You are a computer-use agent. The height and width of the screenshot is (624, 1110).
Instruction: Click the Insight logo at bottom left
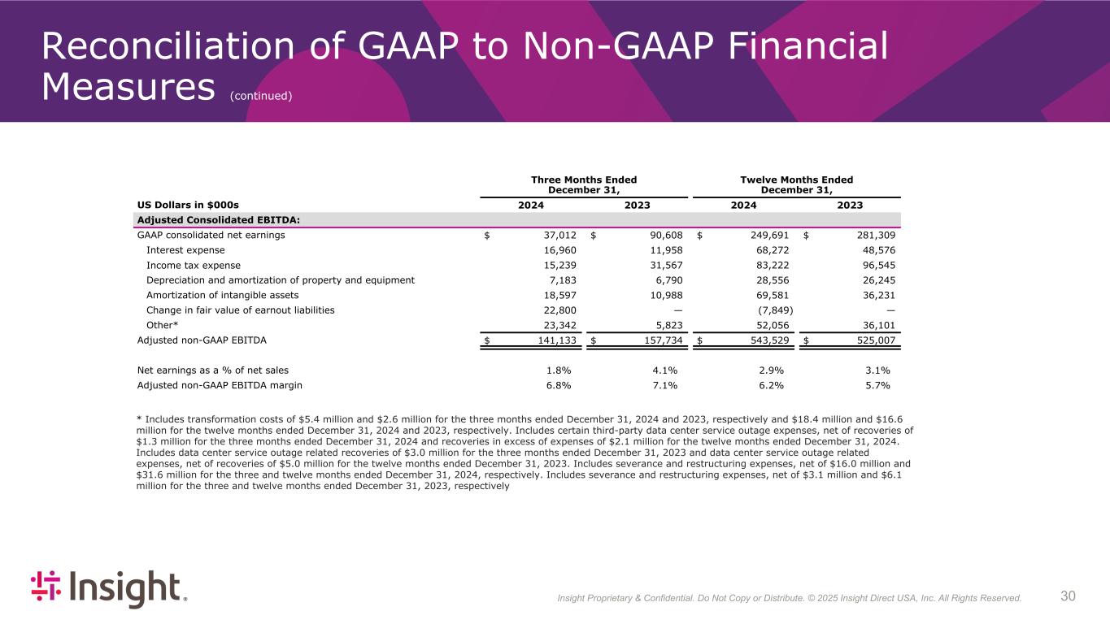pyautogui.click(x=109, y=588)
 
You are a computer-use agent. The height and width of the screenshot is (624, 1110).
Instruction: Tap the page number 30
pyautogui.click(x=1069, y=596)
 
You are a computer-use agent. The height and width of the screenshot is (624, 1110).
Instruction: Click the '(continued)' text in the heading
pyautogui.click(x=260, y=96)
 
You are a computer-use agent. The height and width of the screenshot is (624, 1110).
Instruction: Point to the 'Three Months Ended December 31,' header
pyautogui.click(x=584, y=184)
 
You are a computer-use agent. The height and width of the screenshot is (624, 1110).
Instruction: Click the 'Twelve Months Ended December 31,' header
pyautogui.click(x=796, y=184)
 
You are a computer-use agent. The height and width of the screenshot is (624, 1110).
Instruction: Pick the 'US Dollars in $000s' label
pyautogui.click(x=188, y=206)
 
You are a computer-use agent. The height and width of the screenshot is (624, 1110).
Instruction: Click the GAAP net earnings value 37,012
pyautogui.click(x=559, y=236)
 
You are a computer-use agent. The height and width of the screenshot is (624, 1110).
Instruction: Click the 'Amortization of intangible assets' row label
pyautogui.click(x=222, y=295)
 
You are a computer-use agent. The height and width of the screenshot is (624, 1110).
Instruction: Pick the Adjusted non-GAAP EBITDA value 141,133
pyautogui.click(x=556, y=340)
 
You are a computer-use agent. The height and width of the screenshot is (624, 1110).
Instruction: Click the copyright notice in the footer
pyautogui.click(x=789, y=599)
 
